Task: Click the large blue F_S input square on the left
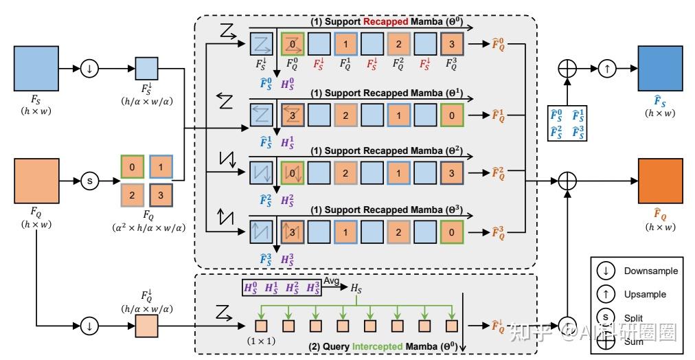coord(36,69)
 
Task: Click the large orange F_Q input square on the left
coord(36,182)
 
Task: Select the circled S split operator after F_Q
coord(89,182)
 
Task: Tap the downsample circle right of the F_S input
coord(89,69)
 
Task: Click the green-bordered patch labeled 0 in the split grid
coord(132,167)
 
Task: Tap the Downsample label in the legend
coord(650,271)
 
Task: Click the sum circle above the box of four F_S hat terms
coord(567,69)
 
